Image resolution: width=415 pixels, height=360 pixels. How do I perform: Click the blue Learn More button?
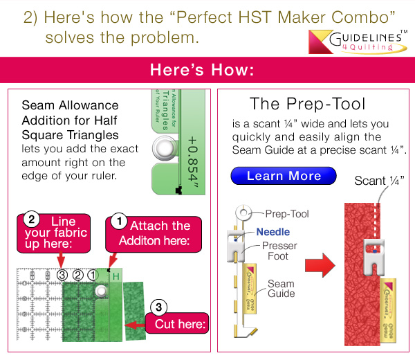[284, 175]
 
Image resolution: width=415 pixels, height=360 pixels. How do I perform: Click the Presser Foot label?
[280, 250]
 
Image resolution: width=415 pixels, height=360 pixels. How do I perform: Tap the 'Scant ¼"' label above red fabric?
[380, 181]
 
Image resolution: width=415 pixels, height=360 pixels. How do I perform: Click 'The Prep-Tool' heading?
[308, 105]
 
